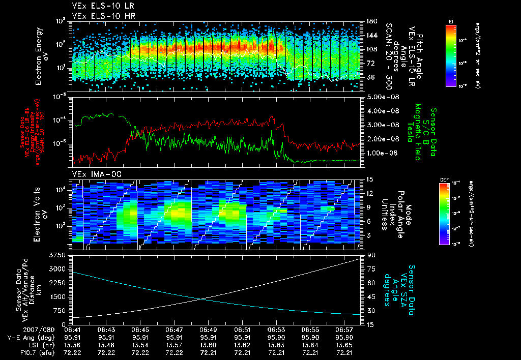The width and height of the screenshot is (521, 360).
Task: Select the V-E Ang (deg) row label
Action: point(28,338)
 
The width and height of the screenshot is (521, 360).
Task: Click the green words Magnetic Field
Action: point(417,132)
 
